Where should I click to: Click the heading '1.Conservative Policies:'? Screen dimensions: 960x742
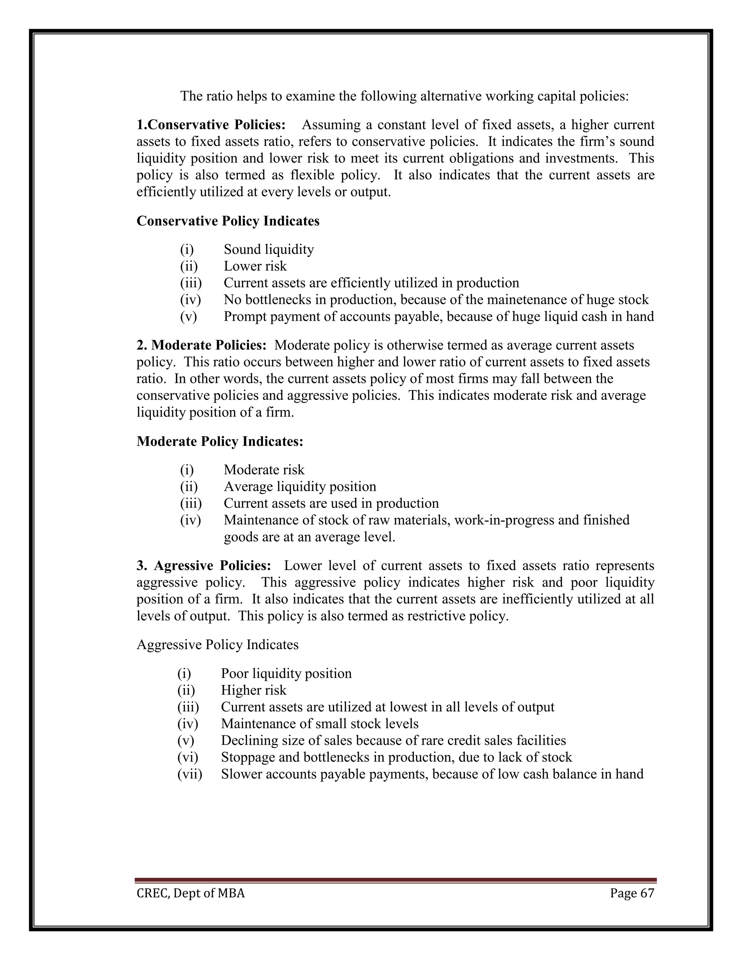[x=211, y=125]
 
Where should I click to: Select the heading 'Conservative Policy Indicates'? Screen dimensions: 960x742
[x=228, y=221]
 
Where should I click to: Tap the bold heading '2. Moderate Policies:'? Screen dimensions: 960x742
[x=201, y=345]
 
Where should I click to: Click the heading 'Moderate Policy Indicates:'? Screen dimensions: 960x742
[x=220, y=441]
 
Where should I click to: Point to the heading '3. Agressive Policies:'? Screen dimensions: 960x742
[x=204, y=565]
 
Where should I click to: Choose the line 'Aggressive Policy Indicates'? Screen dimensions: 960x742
[x=218, y=645]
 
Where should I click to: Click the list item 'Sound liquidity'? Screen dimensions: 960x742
[x=268, y=249]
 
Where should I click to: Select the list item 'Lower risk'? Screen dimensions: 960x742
[x=255, y=266]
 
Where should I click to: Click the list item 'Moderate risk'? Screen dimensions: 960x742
[x=264, y=469]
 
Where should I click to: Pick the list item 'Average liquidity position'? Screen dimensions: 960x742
[x=300, y=486]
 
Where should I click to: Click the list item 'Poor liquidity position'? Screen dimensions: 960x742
[x=286, y=673]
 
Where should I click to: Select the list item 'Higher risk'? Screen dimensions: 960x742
[x=253, y=690]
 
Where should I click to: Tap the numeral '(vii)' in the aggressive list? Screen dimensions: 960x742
[x=189, y=774]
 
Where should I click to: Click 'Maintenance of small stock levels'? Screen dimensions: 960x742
[x=320, y=723]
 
